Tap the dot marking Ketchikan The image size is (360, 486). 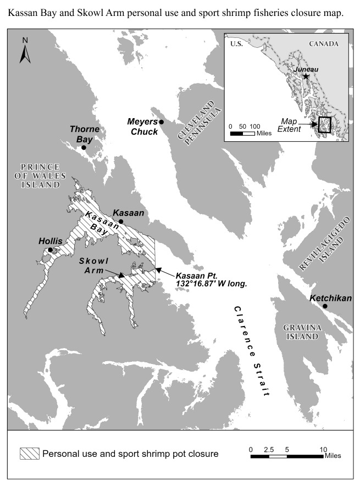click(325, 306)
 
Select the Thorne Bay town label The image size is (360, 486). click(84, 134)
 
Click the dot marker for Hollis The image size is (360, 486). click(50, 250)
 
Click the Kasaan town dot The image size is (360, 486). click(121, 222)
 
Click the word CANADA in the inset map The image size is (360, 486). click(324, 43)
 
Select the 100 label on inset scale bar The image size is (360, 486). click(254, 126)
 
